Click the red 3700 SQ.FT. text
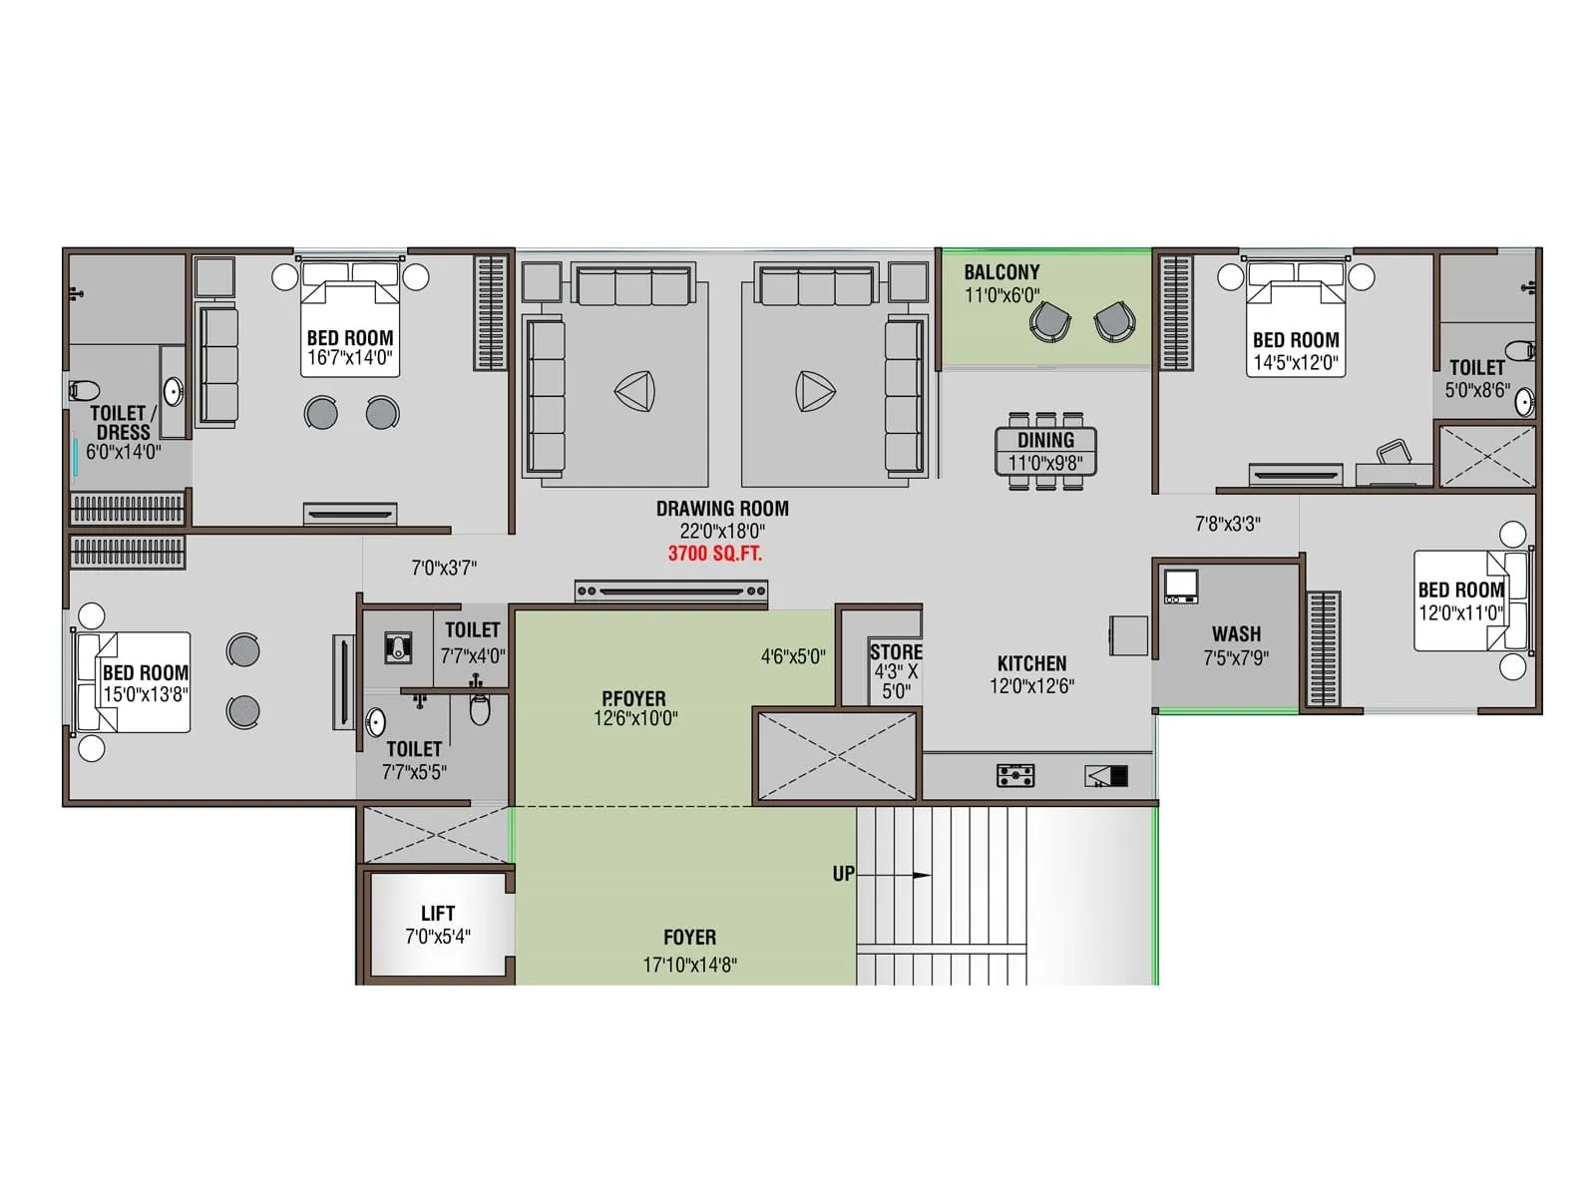coord(714,554)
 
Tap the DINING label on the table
coord(1045,440)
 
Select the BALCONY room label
coord(1001,272)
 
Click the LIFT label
coord(438,914)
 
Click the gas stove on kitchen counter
coord(1015,775)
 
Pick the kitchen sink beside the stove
coord(1106,776)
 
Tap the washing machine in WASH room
coord(1181,586)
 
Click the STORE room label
coord(895,652)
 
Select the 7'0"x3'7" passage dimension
coord(444,569)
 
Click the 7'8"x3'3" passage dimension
coord(1228,524)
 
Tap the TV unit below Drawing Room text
coord(670,593)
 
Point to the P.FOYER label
coord(633,698)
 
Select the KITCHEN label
coord(1031,663)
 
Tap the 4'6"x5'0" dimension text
coord(793,656)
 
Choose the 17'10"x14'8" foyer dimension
coord(689,965)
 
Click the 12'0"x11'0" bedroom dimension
coord(1460,613)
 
